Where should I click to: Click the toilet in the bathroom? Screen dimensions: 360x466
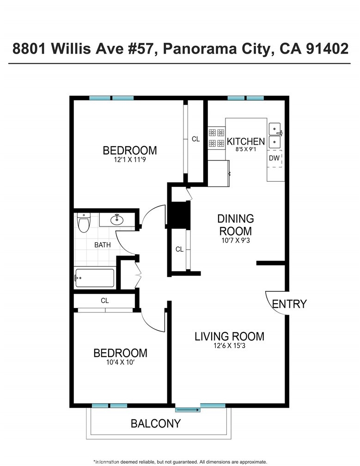point(84,222)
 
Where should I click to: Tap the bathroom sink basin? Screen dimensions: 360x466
point(117,219)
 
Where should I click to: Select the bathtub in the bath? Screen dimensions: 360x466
point(95,278)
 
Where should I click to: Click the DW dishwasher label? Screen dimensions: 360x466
point(274,158)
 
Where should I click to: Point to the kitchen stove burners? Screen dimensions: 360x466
point(216,138)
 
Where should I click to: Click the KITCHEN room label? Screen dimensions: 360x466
point(246,141)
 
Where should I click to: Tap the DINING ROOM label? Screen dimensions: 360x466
point(236,225)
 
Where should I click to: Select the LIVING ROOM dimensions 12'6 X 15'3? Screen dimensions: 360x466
point(229,346)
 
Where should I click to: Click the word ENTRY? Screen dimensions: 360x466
point(289,304)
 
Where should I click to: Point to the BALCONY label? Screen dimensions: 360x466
point(156,423)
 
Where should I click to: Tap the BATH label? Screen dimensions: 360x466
point(103,245)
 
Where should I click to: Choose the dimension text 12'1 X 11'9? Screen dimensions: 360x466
point(130,160)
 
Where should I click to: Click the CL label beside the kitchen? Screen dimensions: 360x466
point(196,139)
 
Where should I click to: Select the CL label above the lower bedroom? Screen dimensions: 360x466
point(104,301)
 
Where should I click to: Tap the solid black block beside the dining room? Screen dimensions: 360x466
point(179,215)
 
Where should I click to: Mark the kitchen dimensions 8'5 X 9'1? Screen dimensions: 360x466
point(246,149)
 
